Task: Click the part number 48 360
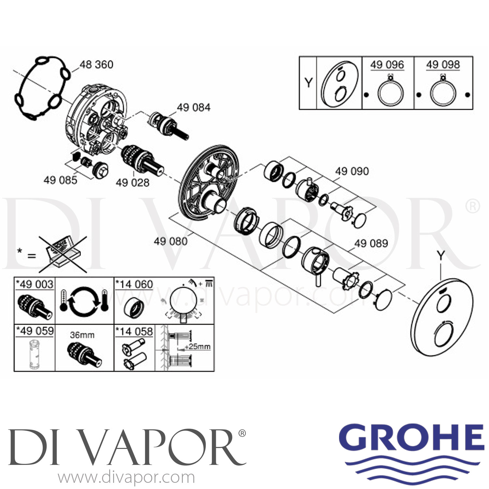coord(96,65)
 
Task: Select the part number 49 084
coord(194,107)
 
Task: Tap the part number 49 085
coord(60,180)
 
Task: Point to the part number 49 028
coord(133,183)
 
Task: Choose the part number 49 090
coord(352,171)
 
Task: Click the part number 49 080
coord(171,241)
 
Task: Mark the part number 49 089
coord(371,243)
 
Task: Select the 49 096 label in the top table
coord(387,65)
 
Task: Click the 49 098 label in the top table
coord(443,65)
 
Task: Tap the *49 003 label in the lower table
coord(35,284)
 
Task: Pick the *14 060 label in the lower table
coord(134,284)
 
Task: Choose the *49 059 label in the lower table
coord(35,331)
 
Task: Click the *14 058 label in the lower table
coord(134,332)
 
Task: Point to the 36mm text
coord(82,335)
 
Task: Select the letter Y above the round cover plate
coord(441,256)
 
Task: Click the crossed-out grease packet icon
coord(63,254)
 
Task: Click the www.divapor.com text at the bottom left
coord(126,478)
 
